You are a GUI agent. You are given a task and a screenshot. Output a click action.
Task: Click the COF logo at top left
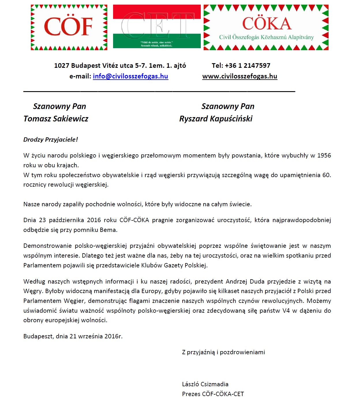69,27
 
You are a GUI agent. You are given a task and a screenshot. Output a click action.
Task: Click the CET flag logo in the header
157,26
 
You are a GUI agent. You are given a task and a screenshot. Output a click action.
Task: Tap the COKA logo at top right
266,27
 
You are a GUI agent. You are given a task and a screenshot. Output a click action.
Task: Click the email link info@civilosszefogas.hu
130,76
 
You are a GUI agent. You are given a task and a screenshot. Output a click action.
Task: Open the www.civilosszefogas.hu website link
240,76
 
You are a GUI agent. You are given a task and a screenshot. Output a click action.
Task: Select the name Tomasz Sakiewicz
56,119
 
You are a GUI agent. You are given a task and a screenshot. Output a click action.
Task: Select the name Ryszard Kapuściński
216,119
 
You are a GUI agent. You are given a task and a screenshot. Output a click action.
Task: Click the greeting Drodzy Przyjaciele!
51,140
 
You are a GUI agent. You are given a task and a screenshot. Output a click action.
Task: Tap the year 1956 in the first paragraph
324,155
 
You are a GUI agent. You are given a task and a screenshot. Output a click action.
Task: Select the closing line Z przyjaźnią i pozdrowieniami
224,352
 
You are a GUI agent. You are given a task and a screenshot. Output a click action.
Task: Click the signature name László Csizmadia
205,384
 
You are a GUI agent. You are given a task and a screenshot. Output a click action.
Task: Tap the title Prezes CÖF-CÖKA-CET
213,394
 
